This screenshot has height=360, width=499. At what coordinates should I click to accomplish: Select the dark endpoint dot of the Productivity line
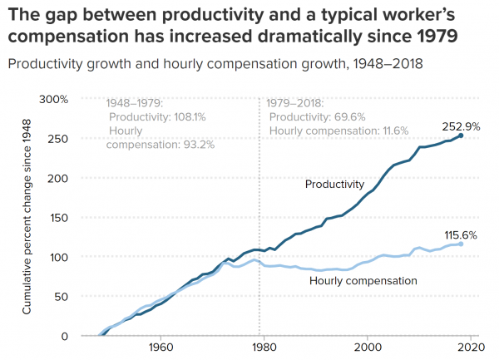coord(461,136)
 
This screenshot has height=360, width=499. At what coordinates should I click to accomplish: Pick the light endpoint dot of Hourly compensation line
coord(461,244)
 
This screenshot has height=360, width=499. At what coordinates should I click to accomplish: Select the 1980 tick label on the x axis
coord(264,347)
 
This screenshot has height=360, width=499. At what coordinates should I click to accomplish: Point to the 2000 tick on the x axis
coord(367,347)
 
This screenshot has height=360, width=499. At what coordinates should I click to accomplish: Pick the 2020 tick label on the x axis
coord(470,347)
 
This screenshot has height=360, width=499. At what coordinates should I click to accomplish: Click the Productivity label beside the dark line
coord(335,184)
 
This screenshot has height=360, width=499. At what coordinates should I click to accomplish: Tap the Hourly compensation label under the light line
coord(363,281)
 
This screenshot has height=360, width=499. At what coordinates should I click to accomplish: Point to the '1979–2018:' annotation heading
coord(296,104)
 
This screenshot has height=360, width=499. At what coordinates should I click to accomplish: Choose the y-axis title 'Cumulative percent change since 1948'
coord(27,216)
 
